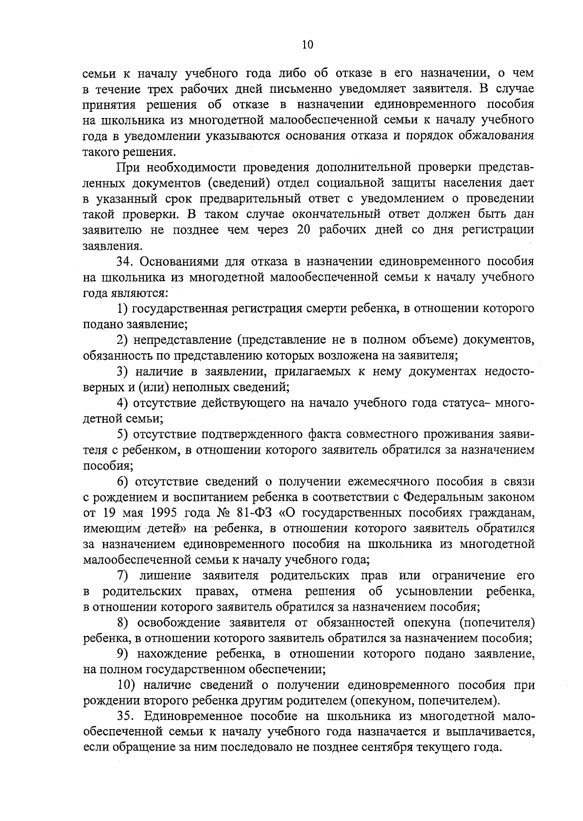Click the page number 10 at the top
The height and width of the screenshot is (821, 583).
(x=308, y=45)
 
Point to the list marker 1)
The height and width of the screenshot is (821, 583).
(x=123, y=308)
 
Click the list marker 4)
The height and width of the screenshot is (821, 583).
(x=123, y=403)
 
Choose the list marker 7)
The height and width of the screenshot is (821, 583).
(x=122, y=576)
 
